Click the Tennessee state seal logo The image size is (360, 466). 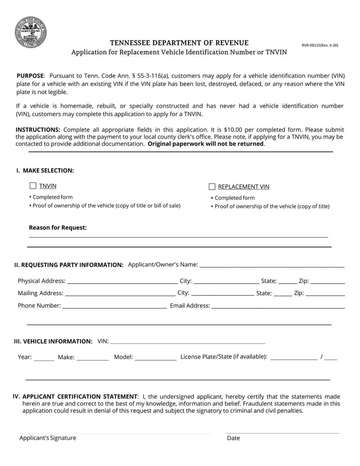(x=31, y=32)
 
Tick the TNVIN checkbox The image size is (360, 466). (x=33, y=185)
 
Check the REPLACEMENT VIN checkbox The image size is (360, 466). (x=212, y=187)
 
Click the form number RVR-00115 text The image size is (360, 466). (x=319, y=45)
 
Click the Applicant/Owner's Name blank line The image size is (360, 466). (x=272, y=265)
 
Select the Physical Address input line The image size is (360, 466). (x=122, y=281)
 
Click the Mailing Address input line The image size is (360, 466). (x=120, y=294)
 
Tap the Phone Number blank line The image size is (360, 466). (x=114, y=306)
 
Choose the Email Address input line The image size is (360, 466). (x=278, y=306)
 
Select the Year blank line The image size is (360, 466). (x=44, y=357)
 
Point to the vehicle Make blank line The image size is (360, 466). (x=92, y=357)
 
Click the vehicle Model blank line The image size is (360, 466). (x=156, y=357)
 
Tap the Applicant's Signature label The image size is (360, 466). (x=48, y=438)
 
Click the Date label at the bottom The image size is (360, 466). (x=233, y=438)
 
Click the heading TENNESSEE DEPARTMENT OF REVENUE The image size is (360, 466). (x=179, y=43)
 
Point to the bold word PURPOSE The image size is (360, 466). (x=30, y=76)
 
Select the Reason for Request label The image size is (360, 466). (x=58, y=228)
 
